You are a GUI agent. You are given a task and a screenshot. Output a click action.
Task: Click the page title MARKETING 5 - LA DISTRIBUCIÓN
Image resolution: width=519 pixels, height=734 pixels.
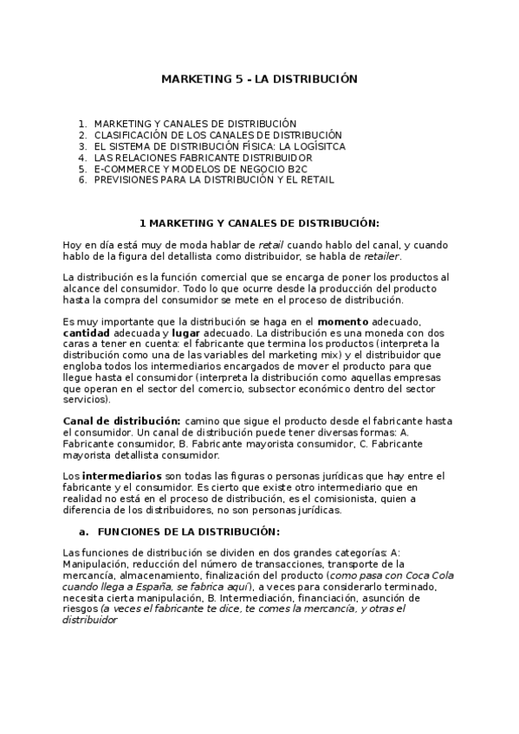[x=259, y=79]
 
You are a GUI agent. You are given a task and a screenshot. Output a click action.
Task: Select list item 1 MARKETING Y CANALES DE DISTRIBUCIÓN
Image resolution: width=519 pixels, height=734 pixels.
[x=195, y=125]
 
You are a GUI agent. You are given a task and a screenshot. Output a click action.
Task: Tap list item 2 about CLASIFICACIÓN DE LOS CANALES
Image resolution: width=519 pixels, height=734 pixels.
[x=217, y=136]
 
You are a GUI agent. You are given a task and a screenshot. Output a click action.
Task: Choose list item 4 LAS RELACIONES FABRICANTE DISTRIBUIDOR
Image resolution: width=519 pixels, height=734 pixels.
[x=203, y=158]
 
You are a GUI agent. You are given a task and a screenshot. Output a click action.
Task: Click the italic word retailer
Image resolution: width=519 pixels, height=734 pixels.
[x=382, y=257]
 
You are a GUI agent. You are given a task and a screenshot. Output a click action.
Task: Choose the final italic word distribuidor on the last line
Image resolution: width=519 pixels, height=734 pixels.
[x=91, y=621]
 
